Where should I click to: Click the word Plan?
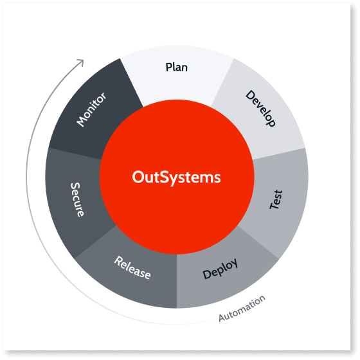pyautogui.click(x=177, y=67)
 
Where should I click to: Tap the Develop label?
pyautogui.click(x=260, y=108)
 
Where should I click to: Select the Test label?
pyautogui.click(x=276, y=199)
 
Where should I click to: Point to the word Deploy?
pyautogui.click(x=220, y=269)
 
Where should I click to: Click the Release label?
pyautogui.click(x=132, y=267)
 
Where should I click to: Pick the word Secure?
pyautogui.click(x=77, y=199)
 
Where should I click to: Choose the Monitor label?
pyautogui.click(x=91, y=109)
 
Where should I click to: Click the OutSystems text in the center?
pyautogui.click(x=176, y=177)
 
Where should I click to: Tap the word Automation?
pyautogui.click(x=242, y=309)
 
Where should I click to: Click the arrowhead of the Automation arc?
pyautogui.click(x=81, y=62)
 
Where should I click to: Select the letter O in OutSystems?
pyautogui.click(x=139, y=177)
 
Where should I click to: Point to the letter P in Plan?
pyautogui.click(x=169, y=67)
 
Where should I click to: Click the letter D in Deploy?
pyautogui.click(x=206, y=274)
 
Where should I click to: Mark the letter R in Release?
pyautogui.click(x=118, y=261)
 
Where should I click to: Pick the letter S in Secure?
pyautogui.click(x=75, y=186)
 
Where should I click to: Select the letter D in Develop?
pyautogui.click(x=250, y=95)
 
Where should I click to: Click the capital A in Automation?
pyautogui.click(x=222, y=318)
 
